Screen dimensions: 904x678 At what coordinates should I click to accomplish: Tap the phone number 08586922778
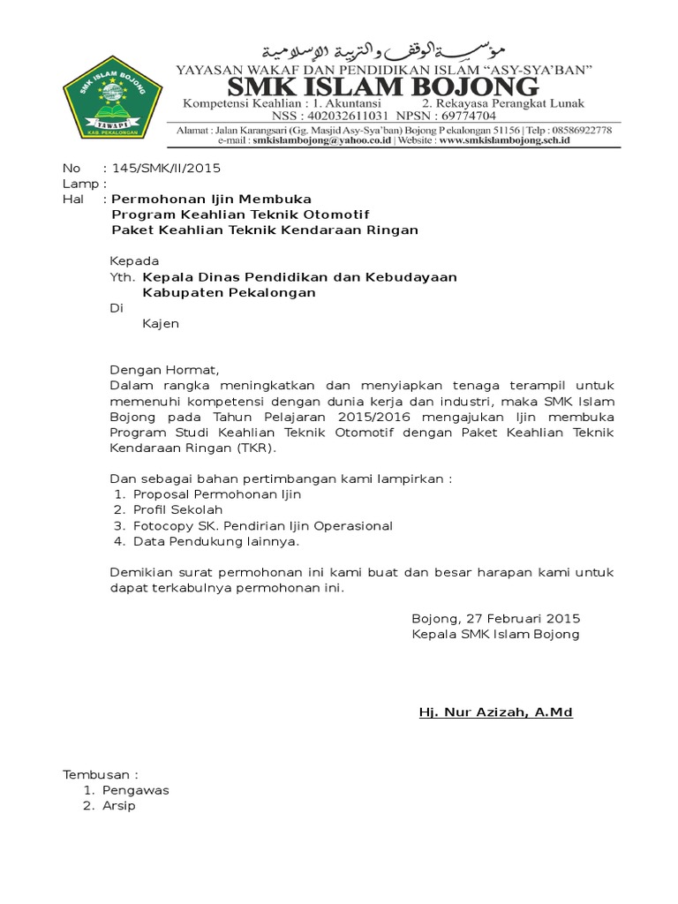pyautogui.click(x=580, y=129)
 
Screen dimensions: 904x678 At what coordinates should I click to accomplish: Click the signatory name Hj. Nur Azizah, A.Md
pyautogui.click(x=495, y=712)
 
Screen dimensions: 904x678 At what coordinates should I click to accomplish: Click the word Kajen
pyautogui.click(x=161, y=324)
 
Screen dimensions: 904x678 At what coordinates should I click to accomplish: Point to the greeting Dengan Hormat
pyautogui.click(x=162, y=370)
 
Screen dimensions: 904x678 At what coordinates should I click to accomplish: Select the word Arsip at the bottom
pyautogui.click(x=119, y=806)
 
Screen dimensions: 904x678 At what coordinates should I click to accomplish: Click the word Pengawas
pyautogui.click(x=135, y=790)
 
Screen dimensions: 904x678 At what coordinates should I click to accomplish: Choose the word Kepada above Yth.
pyautogui.click(x=134, y=261)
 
